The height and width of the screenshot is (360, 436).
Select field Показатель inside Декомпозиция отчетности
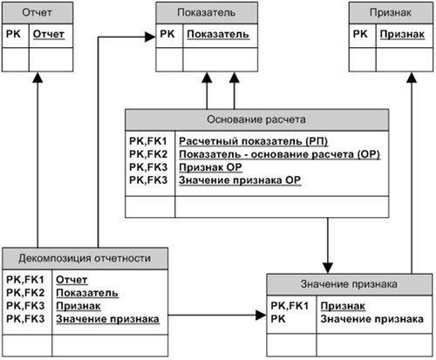pyautogui.click(x=86, y=293)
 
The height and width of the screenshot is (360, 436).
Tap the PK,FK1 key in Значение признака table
pyautogui.click(x=290, y=306)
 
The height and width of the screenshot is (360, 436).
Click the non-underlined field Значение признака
pyautogui.click(x=365, y=319)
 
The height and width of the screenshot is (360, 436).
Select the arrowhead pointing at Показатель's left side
pyautogui.click(x=150, y=37)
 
